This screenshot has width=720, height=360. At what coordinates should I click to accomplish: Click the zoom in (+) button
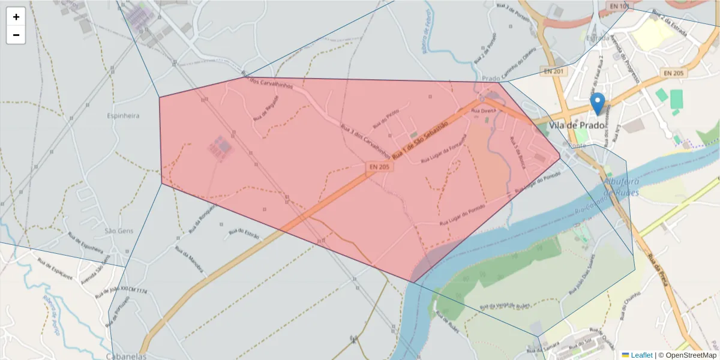point(16,17)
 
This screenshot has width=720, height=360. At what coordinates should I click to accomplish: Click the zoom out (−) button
point(16,35)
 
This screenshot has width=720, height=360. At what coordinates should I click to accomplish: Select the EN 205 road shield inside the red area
point(379,166)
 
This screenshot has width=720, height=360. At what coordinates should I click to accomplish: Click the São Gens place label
point(118,231)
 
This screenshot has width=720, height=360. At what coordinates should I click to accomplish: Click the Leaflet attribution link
point(641,355)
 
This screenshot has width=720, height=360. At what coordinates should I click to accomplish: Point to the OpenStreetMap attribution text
point(687,355)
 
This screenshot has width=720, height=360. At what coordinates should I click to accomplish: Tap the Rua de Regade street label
point(266,107)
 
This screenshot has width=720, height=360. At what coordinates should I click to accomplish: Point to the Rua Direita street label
point(484,111)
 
